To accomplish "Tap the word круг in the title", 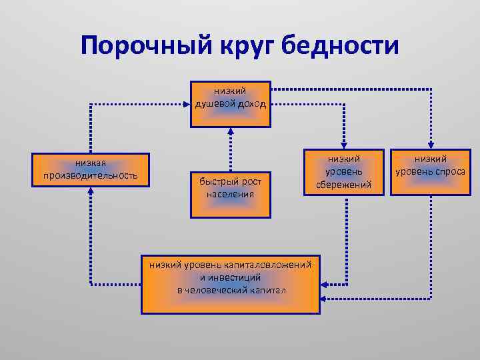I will point(244,46).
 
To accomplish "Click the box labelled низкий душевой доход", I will point(230,105).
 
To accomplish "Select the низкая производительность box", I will point(90,170).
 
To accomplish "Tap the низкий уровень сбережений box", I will point(344,172).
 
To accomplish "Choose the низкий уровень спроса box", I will point(430,172).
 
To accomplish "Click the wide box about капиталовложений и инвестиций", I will point(230,284).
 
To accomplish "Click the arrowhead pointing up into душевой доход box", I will point(230,131).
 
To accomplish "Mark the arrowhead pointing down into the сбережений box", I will point(344,145).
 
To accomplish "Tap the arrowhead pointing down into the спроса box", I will point(430,145).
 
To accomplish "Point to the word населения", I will point(230,193).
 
